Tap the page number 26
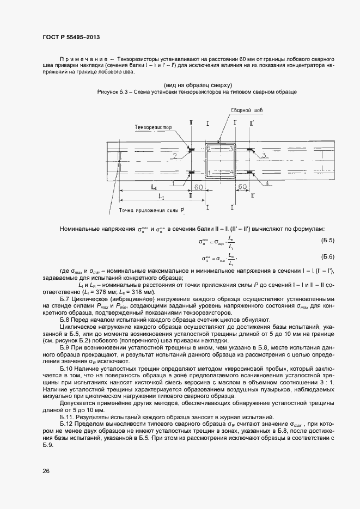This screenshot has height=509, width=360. [x=46, y=471]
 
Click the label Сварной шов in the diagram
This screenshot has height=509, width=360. [x=247, y=110]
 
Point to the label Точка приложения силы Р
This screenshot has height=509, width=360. [x=150, y=210]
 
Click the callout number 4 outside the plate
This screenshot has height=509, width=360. [x=267, y=183]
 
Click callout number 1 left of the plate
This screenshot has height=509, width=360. [x=173, y=183]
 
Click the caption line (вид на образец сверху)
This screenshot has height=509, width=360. [x=198, y=85]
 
